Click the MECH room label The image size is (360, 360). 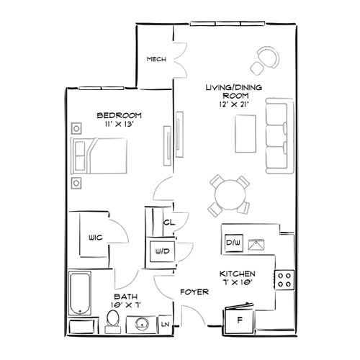156,60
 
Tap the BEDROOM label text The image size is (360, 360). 120,115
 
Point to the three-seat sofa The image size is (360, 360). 277,137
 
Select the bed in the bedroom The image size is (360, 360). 100,156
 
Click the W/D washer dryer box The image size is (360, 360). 158,252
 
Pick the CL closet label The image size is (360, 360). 167,222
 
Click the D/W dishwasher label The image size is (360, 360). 233,243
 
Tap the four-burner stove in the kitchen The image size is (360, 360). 284,277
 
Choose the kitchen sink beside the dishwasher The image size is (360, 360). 256,244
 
